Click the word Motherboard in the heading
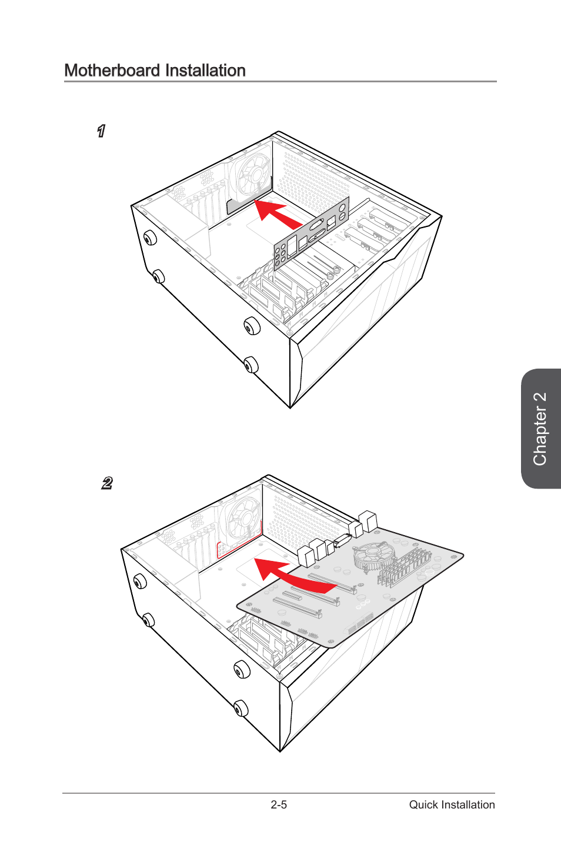coord(112,71)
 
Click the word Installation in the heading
coord(205,71)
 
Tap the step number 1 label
coord(101,131)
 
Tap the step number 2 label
coord(107,483)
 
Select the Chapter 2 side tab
coord(540,429)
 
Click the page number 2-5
coord(279,805)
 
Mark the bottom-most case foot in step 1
coord(251,364)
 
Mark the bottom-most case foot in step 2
coord(241,709)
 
